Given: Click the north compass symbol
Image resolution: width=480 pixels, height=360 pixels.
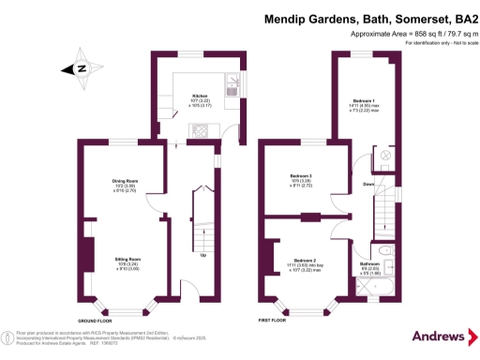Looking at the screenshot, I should pos(82,67).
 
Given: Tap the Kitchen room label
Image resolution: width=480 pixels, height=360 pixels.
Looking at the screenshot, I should pos(200,96).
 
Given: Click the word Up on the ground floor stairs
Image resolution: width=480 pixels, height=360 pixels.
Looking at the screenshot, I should pos(203,254).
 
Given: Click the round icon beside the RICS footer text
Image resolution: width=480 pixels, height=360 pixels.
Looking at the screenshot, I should pos(8,335).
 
